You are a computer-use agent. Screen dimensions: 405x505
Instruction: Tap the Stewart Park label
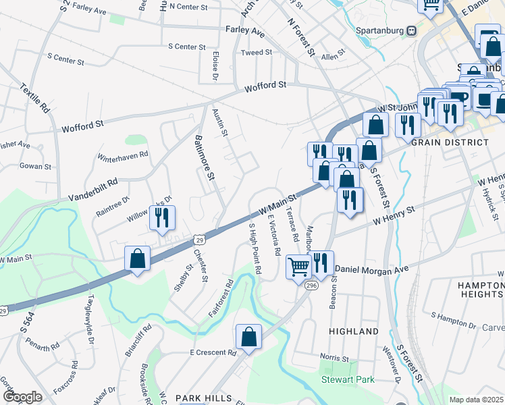(348, 380)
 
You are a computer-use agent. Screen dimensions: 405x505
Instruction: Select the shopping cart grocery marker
(298, 267)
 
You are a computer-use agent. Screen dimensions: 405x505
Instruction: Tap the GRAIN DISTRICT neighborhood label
(450, 142)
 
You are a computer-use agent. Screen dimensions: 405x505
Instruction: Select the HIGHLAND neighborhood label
(354, 331)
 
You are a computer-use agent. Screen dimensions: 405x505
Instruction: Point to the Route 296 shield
(311, 286)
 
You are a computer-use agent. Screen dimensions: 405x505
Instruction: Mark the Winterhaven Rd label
(123, 157)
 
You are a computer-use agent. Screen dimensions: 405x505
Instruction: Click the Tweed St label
(256, 52)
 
